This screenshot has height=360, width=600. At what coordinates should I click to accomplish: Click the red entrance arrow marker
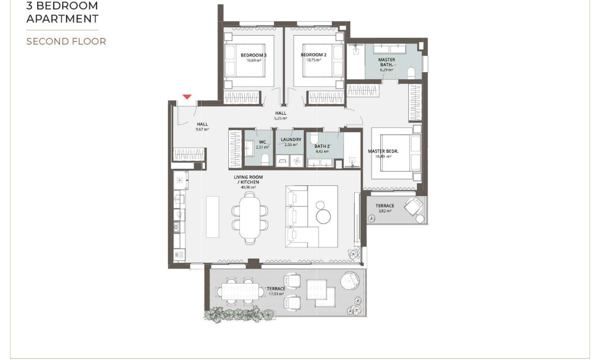[x=186, y=97]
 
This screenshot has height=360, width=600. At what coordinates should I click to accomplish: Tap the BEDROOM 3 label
[x=253, y=55]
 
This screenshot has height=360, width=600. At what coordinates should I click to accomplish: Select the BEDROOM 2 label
[x=313, y=55]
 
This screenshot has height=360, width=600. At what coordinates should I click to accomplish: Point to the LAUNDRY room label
[x=290, y=140]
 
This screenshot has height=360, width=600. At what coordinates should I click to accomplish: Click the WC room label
[x=262, y=142]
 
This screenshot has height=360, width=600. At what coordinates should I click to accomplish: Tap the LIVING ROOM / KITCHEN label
[x=248, y=179]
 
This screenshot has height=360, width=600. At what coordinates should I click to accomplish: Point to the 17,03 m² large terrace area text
[x=276, y=294]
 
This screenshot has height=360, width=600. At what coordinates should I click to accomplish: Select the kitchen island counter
[x=212, y=217]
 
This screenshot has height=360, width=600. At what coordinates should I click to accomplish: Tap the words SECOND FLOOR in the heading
[x=66, y=41]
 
